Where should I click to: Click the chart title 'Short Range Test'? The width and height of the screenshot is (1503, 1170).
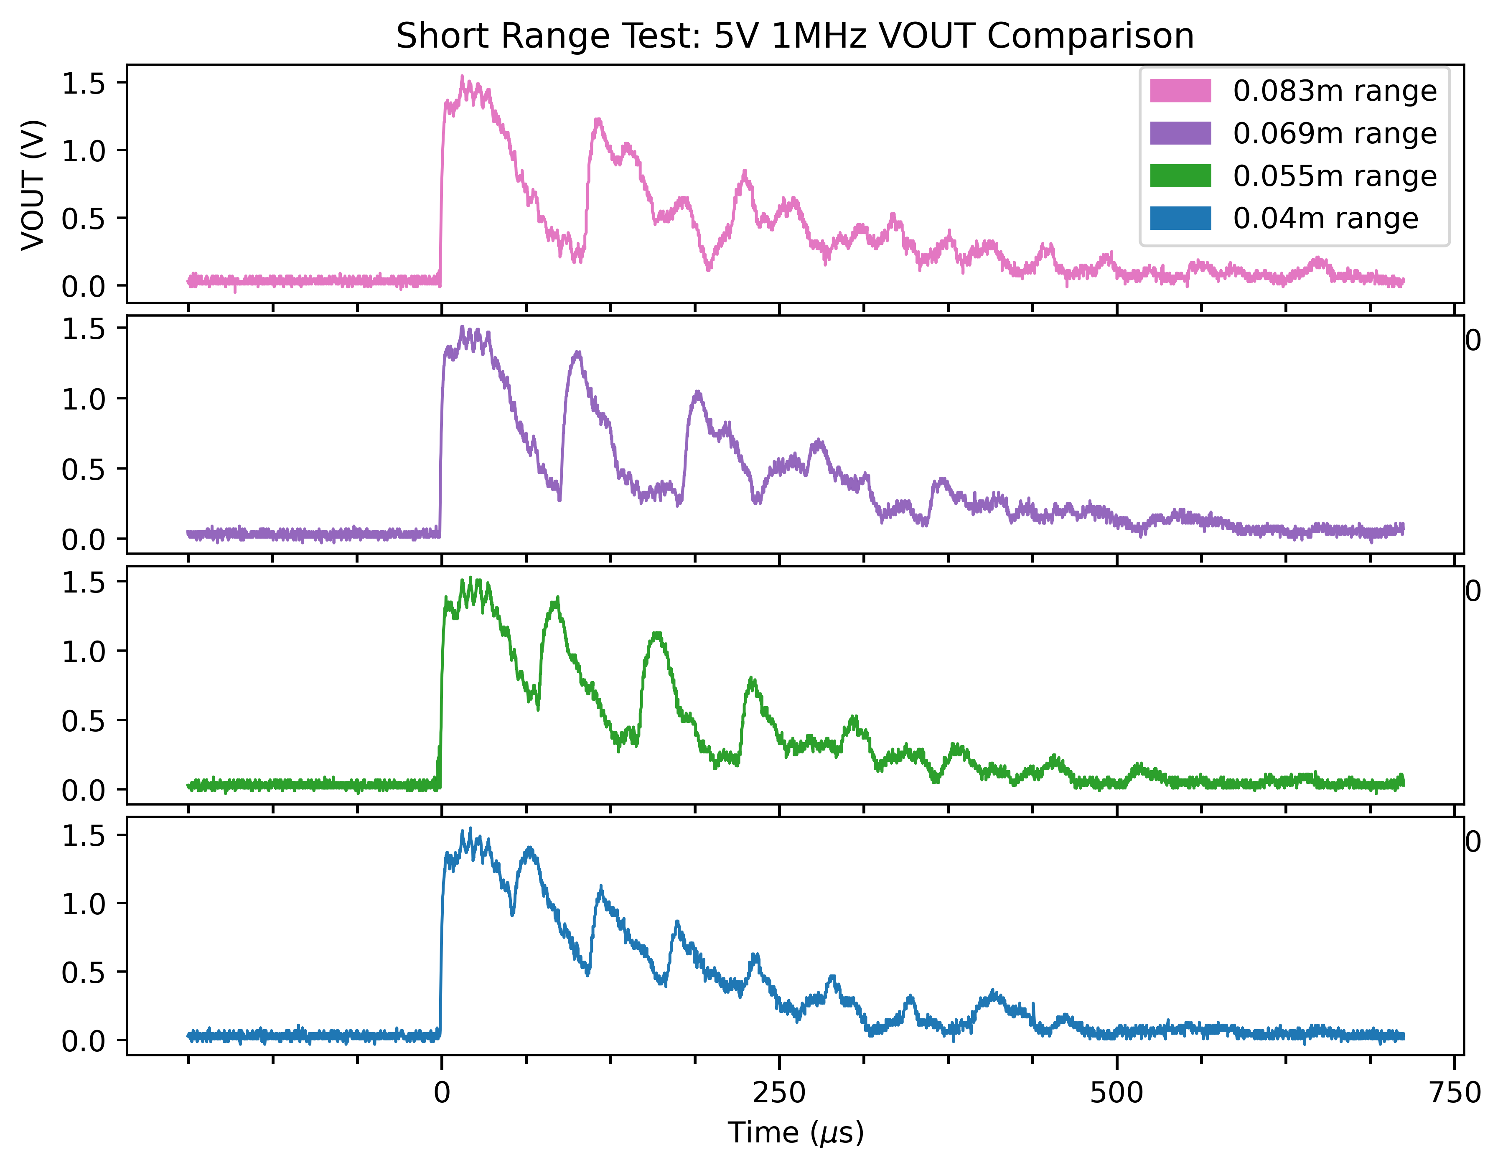coord(795,36)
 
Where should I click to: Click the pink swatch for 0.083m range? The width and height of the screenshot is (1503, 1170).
coord(1180,91)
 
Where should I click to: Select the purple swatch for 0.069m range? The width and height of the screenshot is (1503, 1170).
coord(1180,134)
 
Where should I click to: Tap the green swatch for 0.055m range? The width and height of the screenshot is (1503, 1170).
coord(1180,176)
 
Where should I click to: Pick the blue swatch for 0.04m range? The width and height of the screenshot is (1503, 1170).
coord(1180,218)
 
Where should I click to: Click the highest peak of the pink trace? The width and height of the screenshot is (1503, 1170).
coord(462,77)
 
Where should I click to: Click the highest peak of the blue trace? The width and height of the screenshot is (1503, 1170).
coord(471,829)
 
